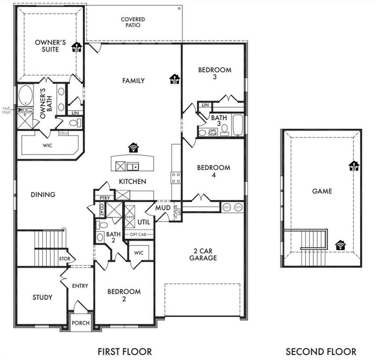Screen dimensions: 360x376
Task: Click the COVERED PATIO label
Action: tap(133, 22)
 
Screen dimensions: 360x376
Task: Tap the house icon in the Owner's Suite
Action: tap(76, 47)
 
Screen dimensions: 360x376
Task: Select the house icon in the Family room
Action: tap(175, 79)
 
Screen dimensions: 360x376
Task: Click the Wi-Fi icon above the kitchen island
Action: tap(134, 148)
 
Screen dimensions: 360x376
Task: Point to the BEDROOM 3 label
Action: tap(214, 73)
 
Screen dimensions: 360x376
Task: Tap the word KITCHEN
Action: tap(132, 181)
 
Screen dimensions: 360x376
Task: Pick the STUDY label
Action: tap(42, 297)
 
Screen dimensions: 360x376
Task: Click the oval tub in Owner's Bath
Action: tap(26, 96)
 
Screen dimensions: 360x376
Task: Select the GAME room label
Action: tap(322, 191)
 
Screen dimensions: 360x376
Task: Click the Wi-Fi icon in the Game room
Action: tap(340, 244)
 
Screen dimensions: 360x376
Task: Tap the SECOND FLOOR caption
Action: tap(321, 351)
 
